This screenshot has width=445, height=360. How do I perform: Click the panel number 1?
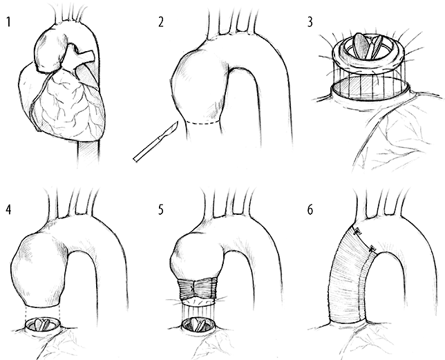8,22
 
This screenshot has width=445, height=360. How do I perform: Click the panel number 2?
160,22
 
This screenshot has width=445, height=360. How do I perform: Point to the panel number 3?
310,22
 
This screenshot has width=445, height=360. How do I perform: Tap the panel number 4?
9,210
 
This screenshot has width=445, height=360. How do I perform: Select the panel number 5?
160,210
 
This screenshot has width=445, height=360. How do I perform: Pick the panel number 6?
310,210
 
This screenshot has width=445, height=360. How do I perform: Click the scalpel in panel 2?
155,142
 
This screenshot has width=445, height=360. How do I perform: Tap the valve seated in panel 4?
43,325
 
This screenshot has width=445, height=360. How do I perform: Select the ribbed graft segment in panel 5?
197,290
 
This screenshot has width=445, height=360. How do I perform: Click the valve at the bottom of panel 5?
198,325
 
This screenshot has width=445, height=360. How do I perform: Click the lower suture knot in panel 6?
372,249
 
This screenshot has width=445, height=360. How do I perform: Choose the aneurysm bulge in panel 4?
40,267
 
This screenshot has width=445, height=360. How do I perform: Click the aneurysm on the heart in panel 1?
51,51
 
